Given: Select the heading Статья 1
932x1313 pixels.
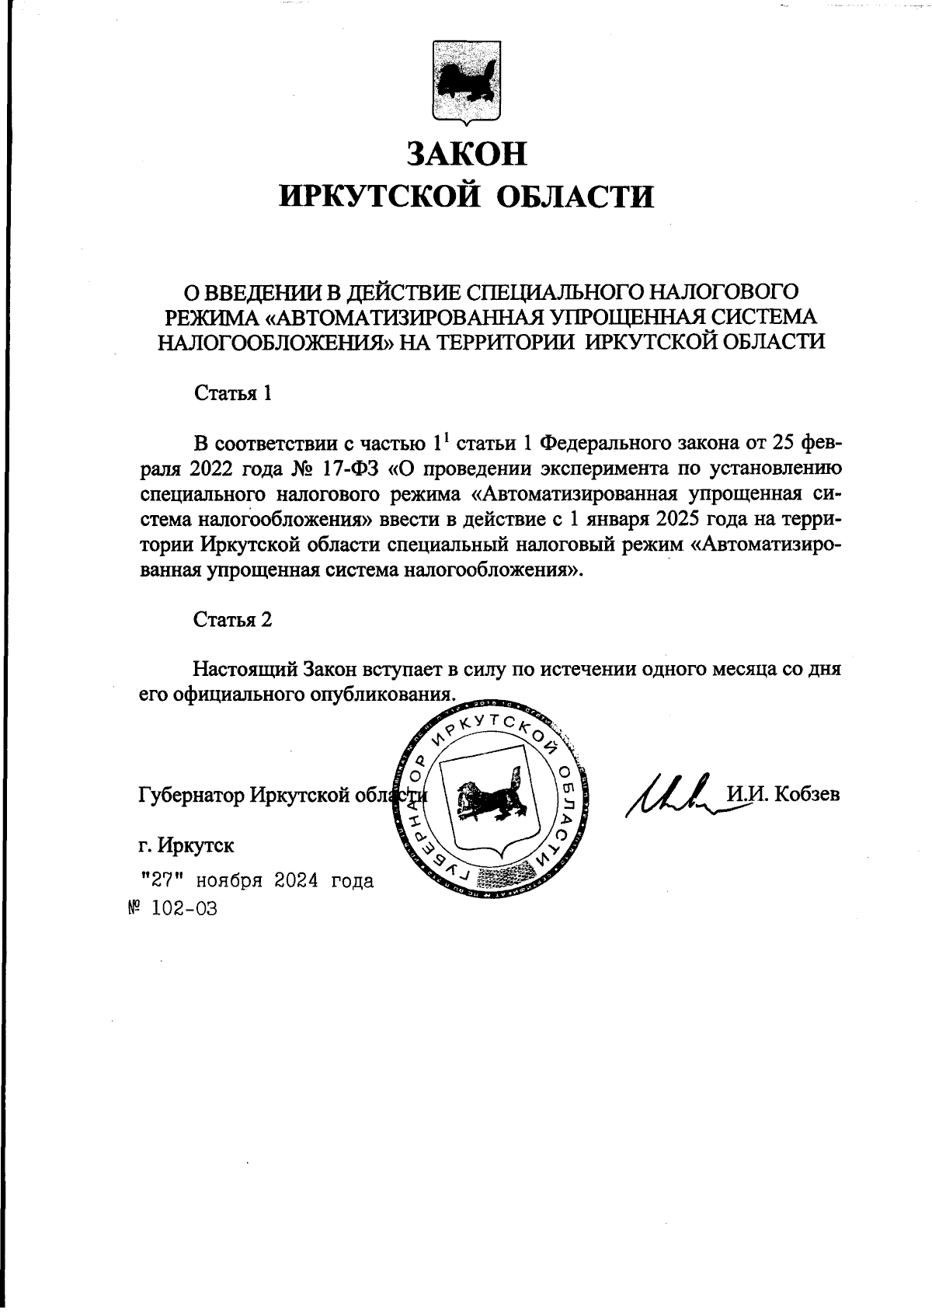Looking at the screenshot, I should tap(232, 393).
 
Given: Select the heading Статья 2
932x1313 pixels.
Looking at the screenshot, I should tap(232, 620).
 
